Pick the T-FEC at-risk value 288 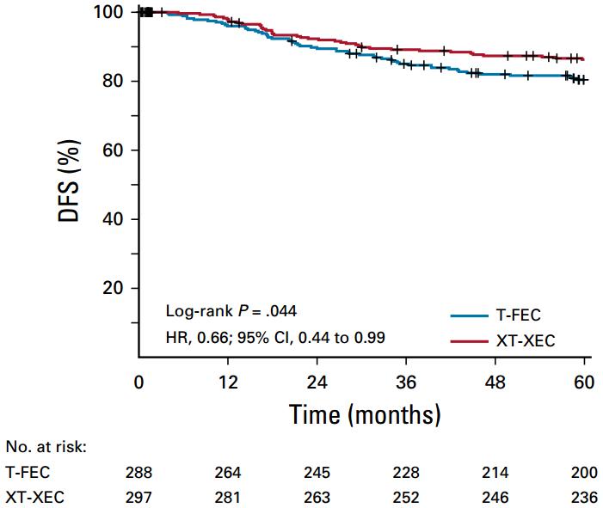point(139,472)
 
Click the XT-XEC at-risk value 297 point(139,496)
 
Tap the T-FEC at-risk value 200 point(585,472)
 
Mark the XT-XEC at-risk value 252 point(407,496)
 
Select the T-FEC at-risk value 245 point(317,472)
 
